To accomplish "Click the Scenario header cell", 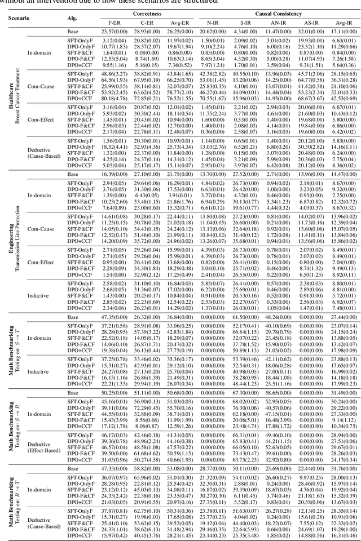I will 20,17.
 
